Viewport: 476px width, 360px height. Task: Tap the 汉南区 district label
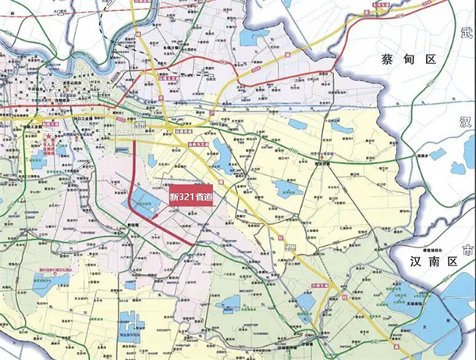pos(426,262)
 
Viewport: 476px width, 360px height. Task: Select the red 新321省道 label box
pos(190,196)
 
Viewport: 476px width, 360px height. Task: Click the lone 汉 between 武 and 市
pos(467,123)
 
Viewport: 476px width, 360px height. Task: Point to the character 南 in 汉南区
pos(426,262)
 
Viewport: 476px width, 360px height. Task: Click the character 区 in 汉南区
pos(446,262)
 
